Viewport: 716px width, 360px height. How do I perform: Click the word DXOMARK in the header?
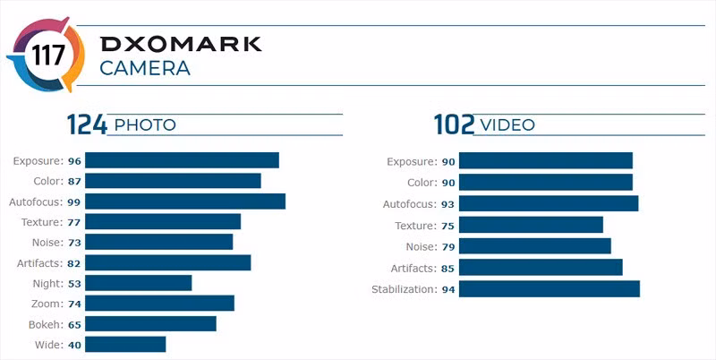tap(180, 45)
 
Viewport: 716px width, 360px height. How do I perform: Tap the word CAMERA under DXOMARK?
tap(144, 69)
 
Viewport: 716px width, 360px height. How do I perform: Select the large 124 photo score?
tap(86, 124)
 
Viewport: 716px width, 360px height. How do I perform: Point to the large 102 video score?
tap(454, 124)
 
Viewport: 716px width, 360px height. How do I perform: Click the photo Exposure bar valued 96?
tap(183, 160)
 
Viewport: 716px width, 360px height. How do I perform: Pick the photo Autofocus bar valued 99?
tap(186, 201)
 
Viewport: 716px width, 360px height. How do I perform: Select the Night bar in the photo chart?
tap(140, 283)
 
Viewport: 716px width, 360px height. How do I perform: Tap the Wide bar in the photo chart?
tap(126, 344)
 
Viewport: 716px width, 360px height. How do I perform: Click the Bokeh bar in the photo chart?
tap(151, 323)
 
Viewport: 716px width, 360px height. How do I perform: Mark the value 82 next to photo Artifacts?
tap(74, 263)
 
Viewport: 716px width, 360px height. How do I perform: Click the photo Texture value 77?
tap(74, 222)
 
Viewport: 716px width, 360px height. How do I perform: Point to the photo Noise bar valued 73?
tap(160, 242)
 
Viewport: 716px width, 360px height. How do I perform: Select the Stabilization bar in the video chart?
tap(550, 288)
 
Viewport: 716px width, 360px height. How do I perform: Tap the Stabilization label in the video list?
tap(403, 288)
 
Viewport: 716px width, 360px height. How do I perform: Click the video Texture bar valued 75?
tap(532, 225)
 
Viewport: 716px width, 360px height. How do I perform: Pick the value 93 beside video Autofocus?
tap(448, 204)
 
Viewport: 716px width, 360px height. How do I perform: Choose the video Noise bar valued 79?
tap(535, 246)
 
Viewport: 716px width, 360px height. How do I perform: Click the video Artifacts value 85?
tap(448, 268)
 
